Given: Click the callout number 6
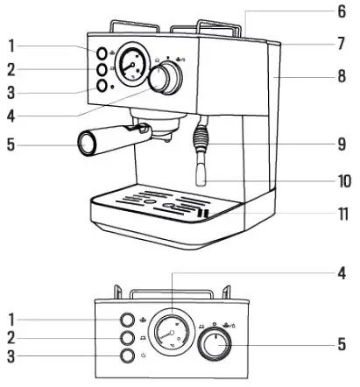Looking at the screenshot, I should [342, 12].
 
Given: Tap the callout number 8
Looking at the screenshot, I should [342, 75].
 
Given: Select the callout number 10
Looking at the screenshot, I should [342, 182].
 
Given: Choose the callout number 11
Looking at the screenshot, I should [342, 212].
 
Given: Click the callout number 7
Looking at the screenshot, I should [342, 43].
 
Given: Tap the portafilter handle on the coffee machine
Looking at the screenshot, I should [99, 141].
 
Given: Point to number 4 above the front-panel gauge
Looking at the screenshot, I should [342, 272].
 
